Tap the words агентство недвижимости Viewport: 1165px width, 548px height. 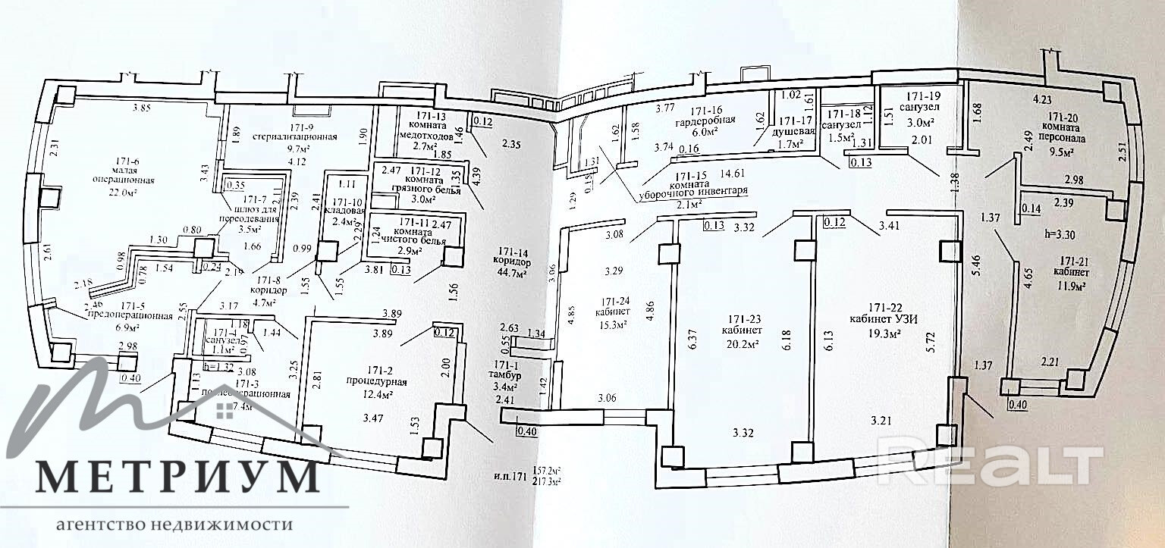[174, 525]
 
